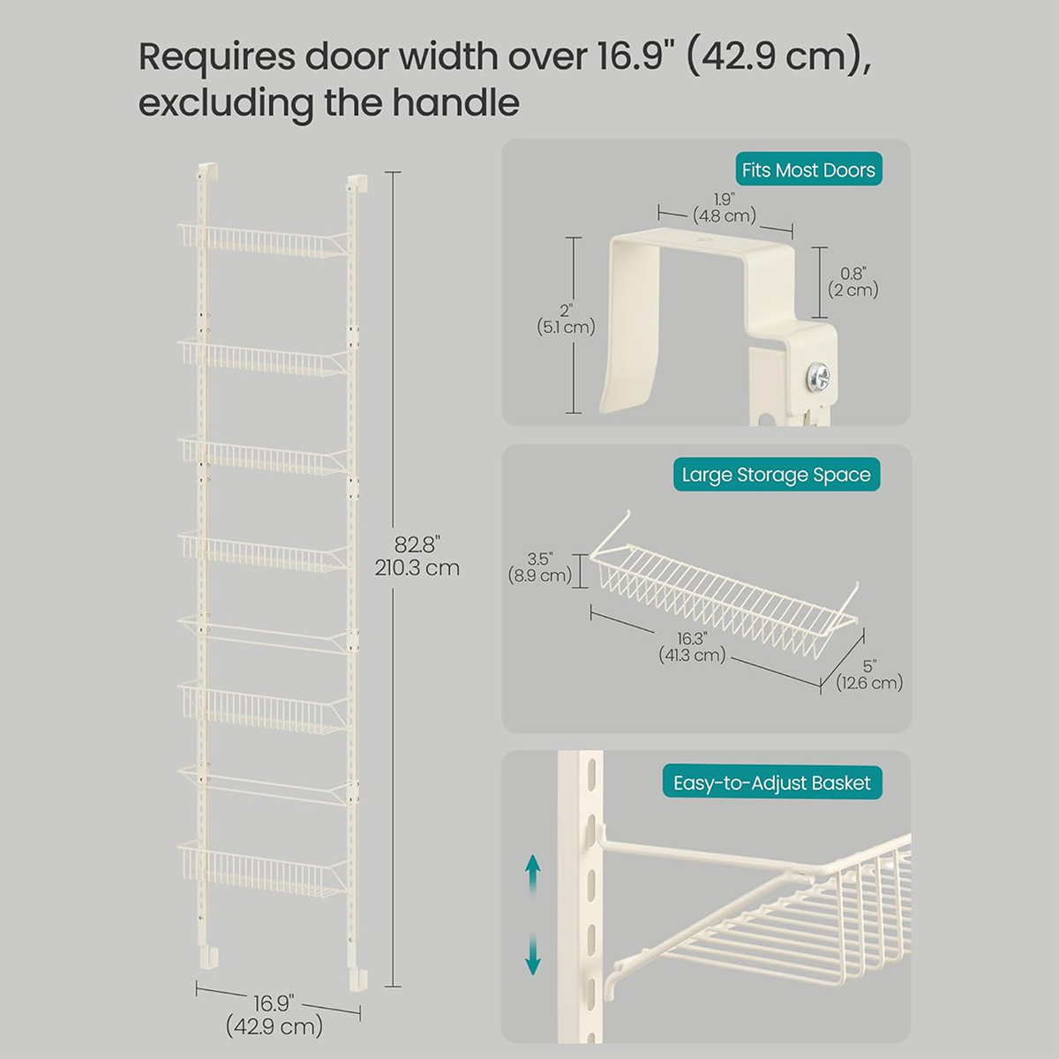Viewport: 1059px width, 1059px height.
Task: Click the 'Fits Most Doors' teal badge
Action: [808, 169]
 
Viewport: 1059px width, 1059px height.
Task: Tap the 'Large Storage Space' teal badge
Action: [777, 474]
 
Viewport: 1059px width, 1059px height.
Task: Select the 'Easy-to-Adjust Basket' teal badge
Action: [772, 783]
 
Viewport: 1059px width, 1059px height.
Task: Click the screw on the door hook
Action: [819, 376]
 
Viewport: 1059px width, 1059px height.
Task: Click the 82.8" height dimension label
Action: [417, 556]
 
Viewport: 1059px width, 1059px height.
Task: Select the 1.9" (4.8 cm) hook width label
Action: [725, 207]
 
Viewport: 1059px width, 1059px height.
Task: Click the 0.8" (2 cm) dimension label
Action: [853, 282]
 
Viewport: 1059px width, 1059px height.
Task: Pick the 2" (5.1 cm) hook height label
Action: [566, 319]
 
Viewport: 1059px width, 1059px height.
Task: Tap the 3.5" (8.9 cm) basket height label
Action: [540, 567]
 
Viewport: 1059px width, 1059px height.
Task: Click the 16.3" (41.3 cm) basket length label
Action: [692, 646]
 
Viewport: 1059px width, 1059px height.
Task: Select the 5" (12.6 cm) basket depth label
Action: [869, 674]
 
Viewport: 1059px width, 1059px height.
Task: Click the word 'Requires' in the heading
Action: [217, 57]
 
